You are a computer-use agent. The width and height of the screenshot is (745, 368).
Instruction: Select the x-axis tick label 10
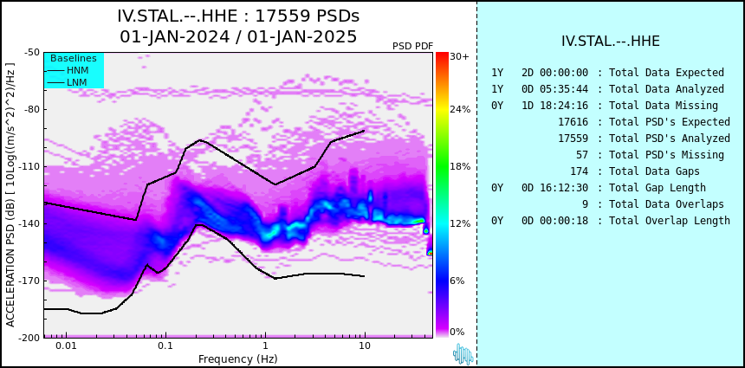365,345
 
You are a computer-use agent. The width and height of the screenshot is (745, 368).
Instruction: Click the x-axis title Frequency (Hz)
238,358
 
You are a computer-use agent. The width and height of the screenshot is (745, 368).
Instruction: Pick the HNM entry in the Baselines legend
77,71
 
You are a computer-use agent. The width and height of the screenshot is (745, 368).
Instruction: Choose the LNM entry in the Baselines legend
77,83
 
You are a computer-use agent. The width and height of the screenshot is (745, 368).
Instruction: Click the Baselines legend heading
74,58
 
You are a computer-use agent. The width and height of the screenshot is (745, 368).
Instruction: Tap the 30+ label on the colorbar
459,56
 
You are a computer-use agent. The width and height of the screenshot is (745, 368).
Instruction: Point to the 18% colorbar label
460,166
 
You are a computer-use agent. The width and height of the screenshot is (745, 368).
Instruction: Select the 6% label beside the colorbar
457,281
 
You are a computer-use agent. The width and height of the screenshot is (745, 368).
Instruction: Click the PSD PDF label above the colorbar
413,46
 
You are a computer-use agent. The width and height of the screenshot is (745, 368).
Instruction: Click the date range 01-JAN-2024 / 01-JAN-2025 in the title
238,36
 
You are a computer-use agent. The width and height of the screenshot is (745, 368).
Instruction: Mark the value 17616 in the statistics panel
573,122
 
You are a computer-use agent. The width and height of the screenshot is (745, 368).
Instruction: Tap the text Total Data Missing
664,106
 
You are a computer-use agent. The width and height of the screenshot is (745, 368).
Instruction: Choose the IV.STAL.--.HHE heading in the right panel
611,42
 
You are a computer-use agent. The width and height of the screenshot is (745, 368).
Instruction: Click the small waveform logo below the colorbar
463,354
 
